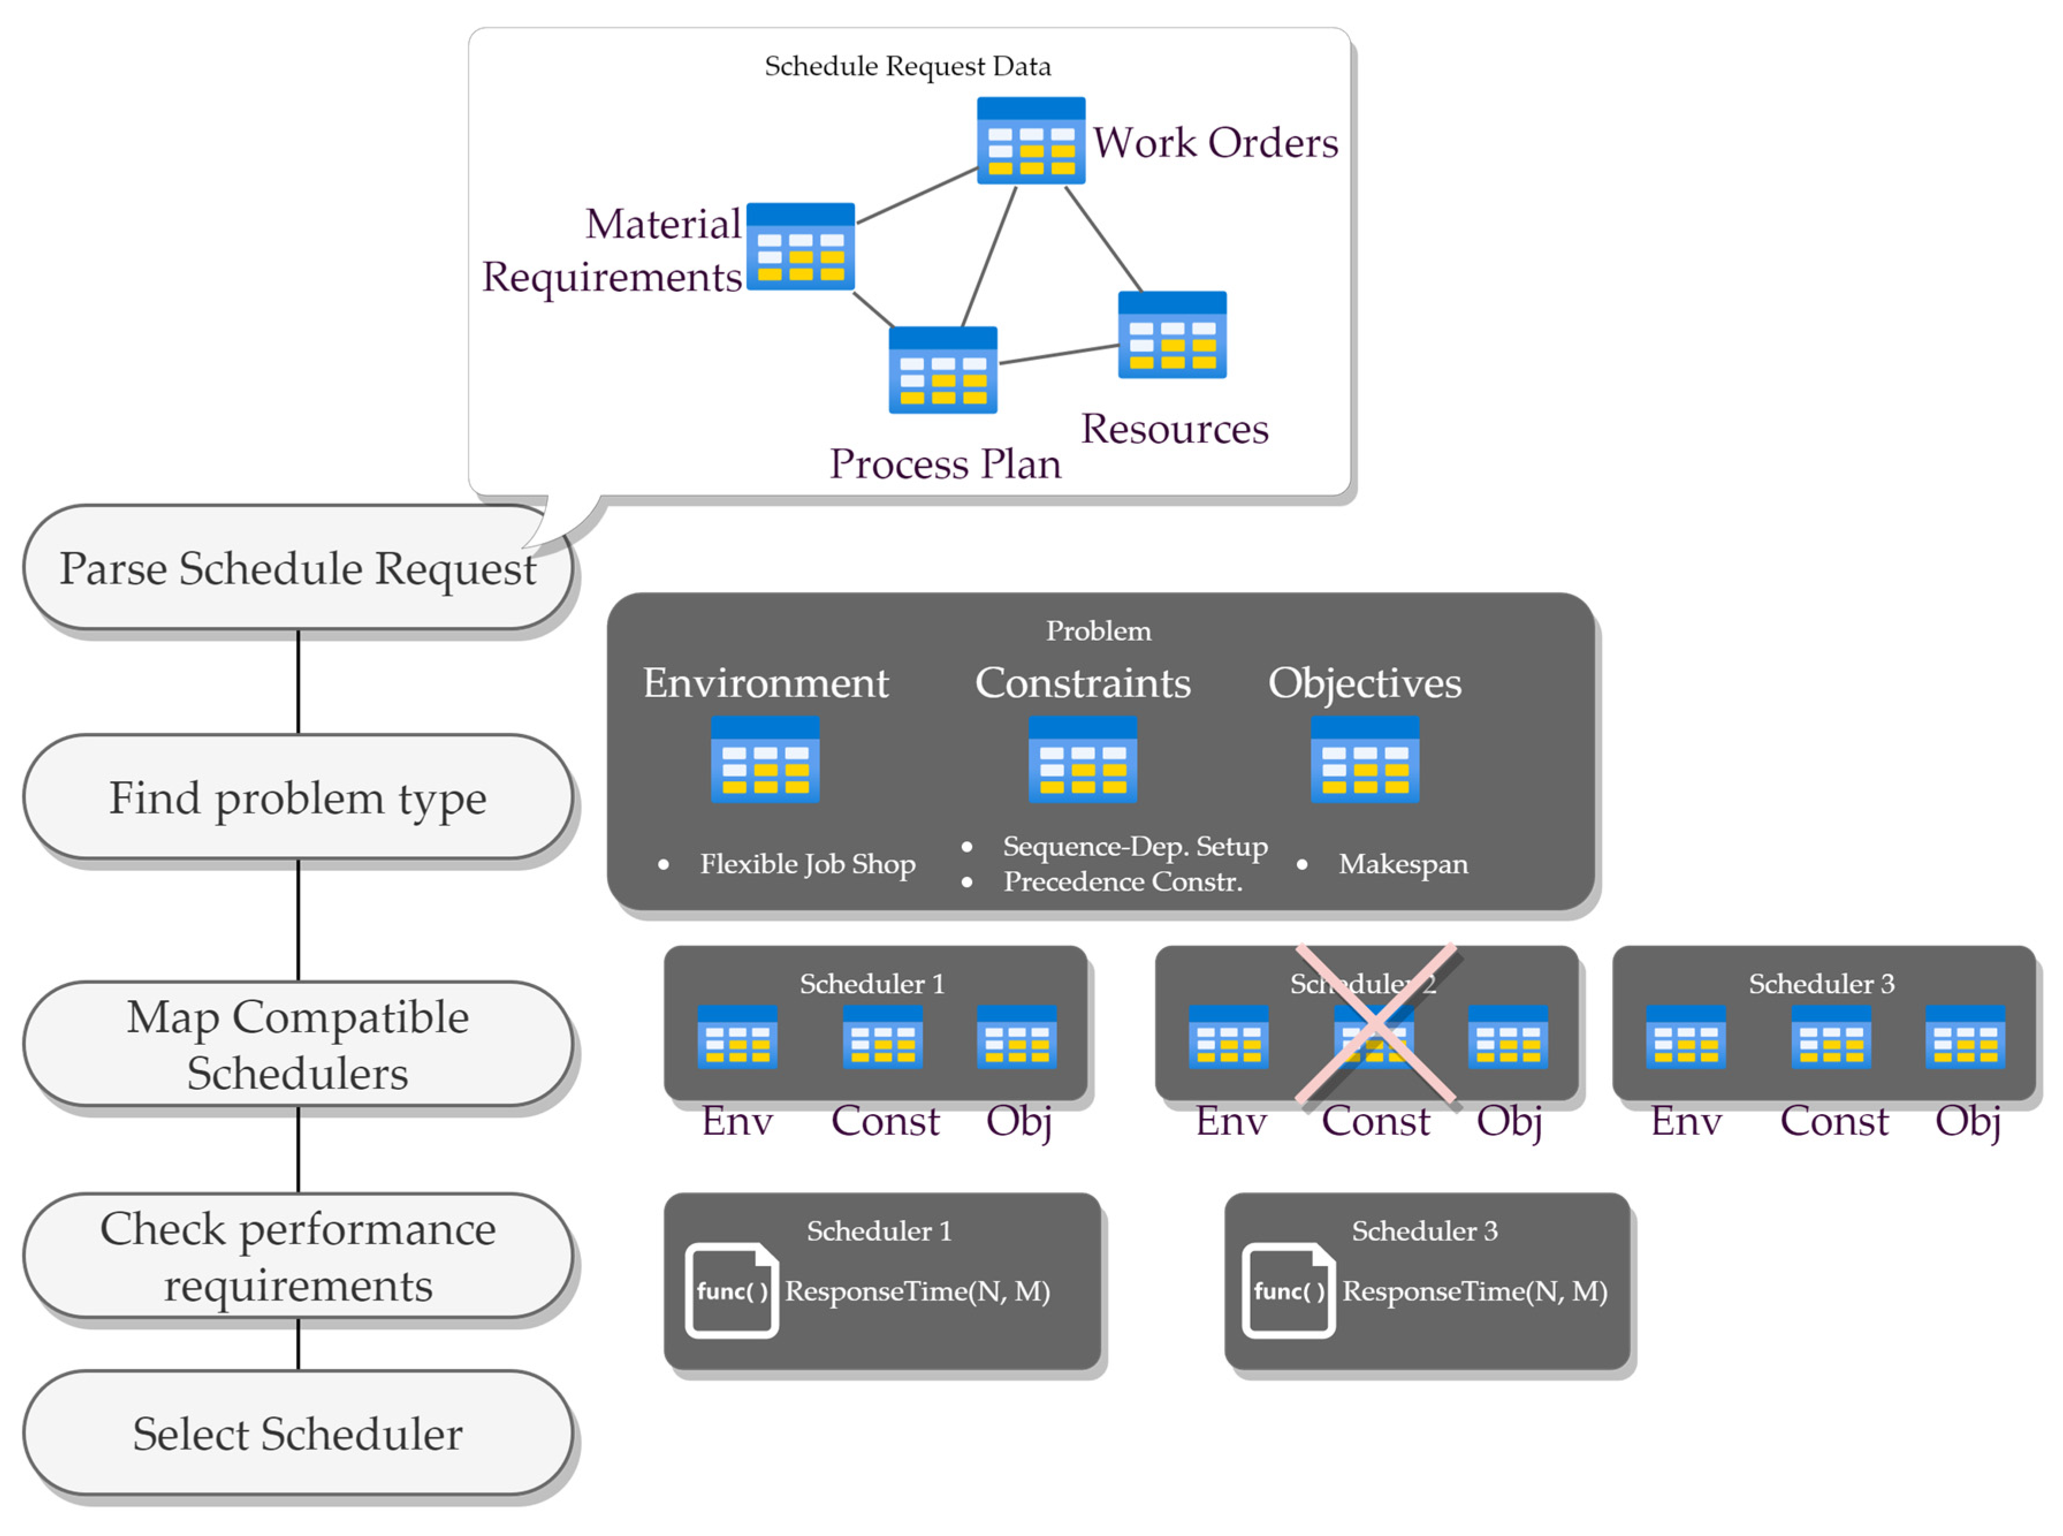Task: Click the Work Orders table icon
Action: (1030, 140)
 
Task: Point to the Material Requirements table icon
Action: (800, 246)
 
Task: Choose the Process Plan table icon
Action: (942, 370)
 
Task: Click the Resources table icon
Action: (1171, 334)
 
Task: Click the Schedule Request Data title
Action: (907, 66)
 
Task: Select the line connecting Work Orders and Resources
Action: (1103, 238)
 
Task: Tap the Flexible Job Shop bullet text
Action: (807, 864)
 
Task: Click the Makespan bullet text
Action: (1402, 864)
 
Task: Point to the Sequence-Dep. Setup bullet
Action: (1134, 846)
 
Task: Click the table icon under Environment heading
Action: (764, 759)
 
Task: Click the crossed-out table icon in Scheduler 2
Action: (1373, 1037)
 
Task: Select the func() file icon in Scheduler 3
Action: (1288, 1291)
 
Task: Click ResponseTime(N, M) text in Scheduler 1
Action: (917, 1291)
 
